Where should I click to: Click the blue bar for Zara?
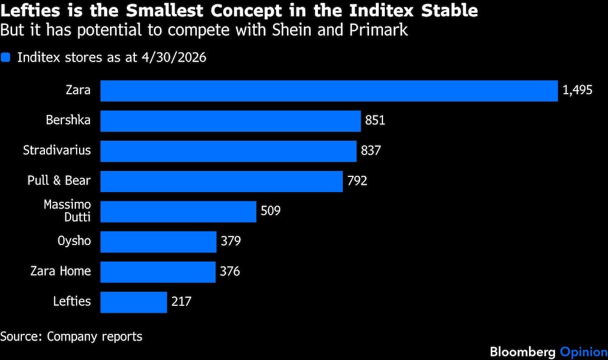tap(329, 91)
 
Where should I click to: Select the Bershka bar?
tap(230, 121)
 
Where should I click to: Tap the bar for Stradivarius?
tap(229, 151)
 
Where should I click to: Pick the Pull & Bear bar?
tap(221, 182)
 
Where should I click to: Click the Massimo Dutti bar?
tap(178, 212)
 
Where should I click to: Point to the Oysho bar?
tap(158, 241)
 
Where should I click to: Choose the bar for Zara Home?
tap(158, 272)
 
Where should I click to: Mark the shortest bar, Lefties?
tap(133, 302)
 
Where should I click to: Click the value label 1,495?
tap(578, 91)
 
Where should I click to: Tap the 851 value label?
tap(375, 120)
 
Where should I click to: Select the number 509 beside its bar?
tap(271, 210)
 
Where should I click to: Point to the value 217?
tap(181, 302)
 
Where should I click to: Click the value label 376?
tap(230, 271)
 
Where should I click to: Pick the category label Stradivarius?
tap(57, 150)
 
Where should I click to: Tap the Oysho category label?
tap(74, 241)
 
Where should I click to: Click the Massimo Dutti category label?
tap(67, 210)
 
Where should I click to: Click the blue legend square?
tap(5, 57)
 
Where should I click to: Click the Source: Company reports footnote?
tap(71, 336)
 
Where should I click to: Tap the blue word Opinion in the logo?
tap(584, 352)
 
